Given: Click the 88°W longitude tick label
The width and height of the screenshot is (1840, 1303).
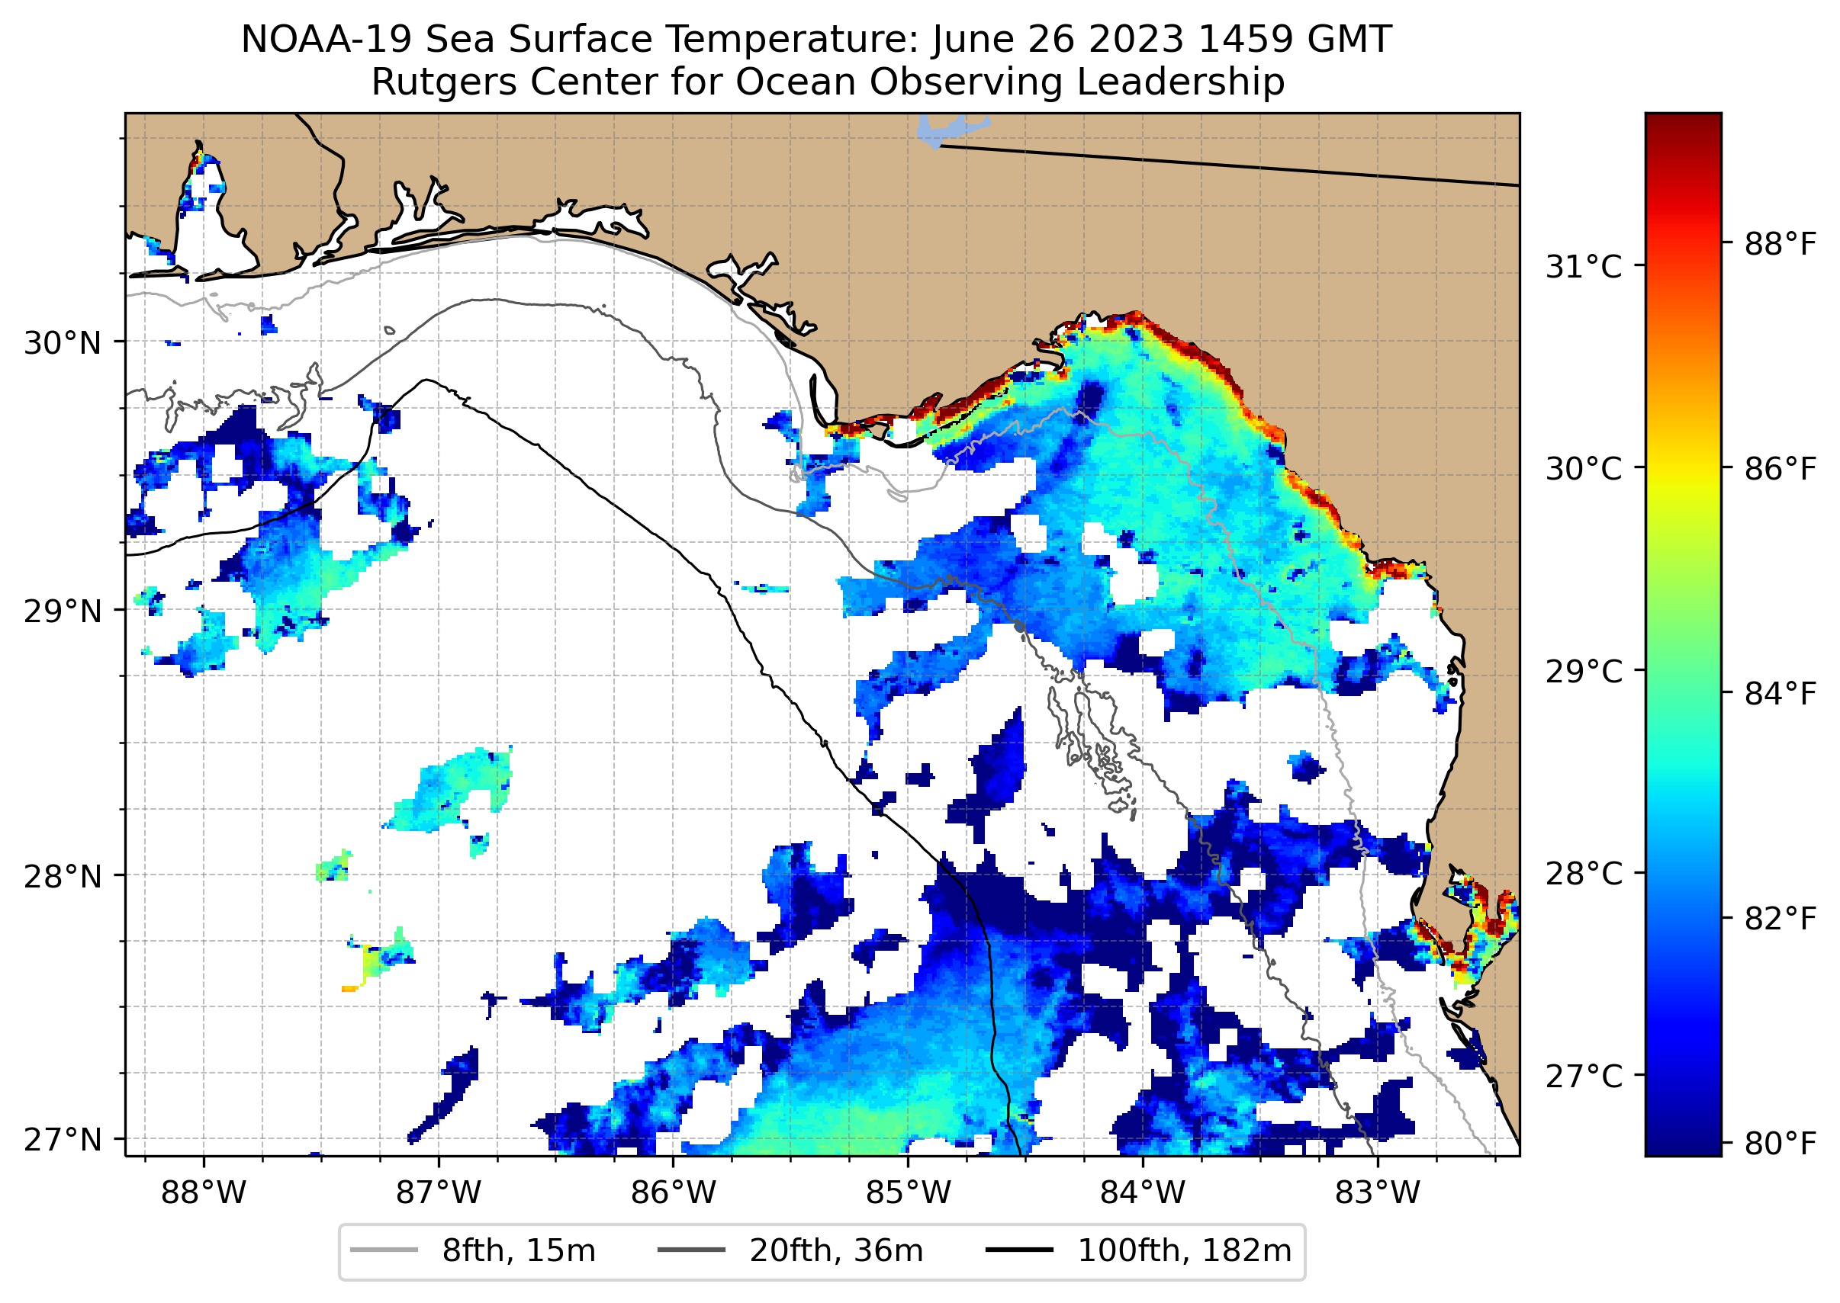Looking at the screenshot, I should pyautogui.click(x=203, y=1193).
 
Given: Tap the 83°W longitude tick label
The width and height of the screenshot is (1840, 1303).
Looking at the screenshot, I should pyautogui.click(x=1378, y=1193).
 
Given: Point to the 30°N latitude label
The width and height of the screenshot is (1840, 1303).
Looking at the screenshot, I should pyautogui.click(x=63, y=343).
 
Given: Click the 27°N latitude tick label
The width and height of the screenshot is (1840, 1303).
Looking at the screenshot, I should pyautogui.click(x=63, y=1139).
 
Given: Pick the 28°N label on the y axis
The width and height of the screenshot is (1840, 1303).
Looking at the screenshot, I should pyautogui.click(x=63, y=877).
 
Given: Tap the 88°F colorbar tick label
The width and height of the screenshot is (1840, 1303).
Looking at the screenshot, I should pyautogui.click(x=1780, y=244).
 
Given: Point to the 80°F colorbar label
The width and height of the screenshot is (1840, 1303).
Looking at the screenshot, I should pyautogui.click(x=1780, y=1144).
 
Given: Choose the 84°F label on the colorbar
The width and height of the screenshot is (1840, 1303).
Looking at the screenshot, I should pyautogui.click(x=1780, y=694).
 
